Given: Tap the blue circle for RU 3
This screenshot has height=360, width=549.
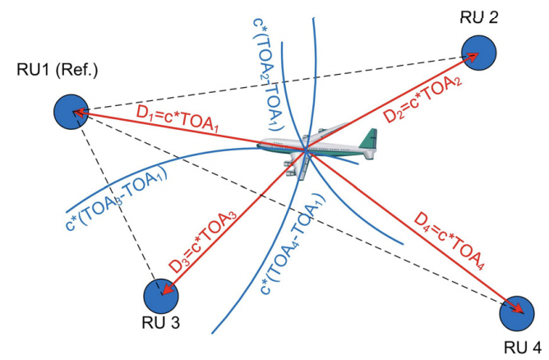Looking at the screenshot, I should pyautogui.click(x=161, y=295).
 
